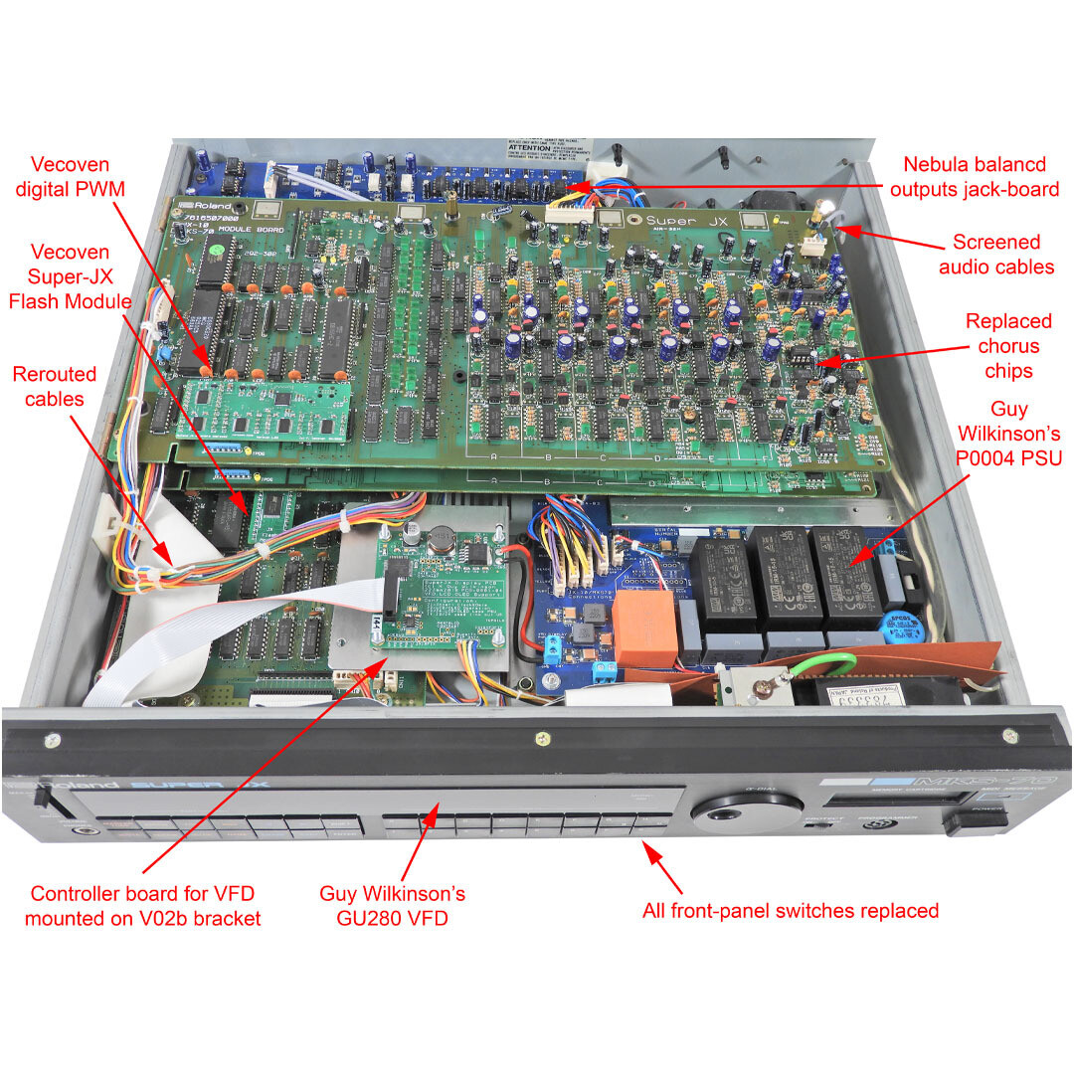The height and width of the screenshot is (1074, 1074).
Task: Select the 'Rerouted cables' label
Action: (55, 387)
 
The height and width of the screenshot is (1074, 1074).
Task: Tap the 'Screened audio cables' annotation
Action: (995, 254)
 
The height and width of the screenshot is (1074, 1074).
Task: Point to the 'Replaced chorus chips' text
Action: (1007, 346)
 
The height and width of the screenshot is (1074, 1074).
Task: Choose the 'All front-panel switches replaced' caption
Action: (790, 909)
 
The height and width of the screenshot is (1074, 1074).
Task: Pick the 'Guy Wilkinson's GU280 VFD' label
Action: (392, 905)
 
